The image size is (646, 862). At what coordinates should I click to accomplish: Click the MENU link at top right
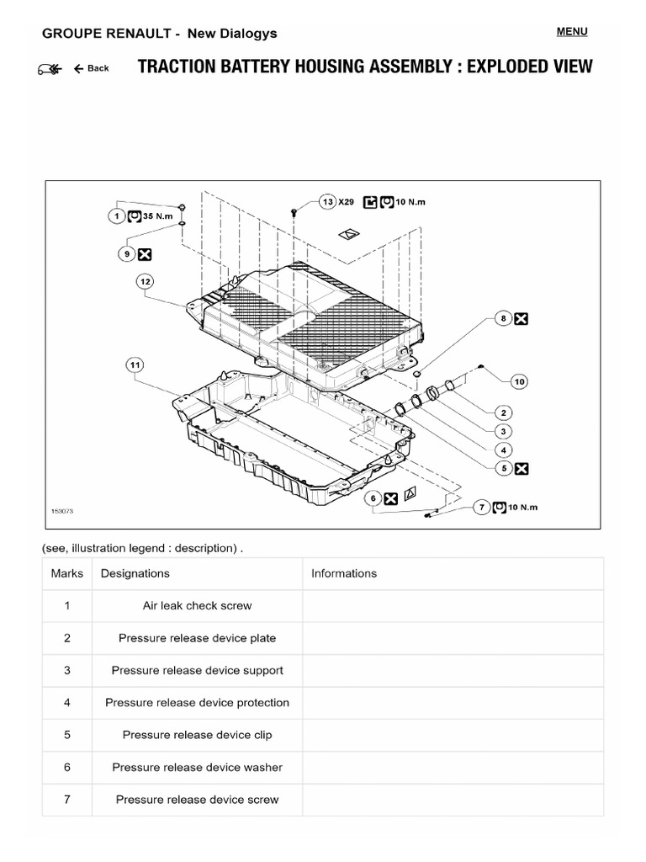coord(572,32)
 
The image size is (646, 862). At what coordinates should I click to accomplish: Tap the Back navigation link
coord(92,68)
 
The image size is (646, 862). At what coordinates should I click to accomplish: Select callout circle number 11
coord(135,364)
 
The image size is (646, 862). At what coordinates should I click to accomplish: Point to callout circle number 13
coord(327,202)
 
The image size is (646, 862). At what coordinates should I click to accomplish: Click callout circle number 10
coord(519,381)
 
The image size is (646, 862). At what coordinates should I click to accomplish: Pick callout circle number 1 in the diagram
coord(116,215)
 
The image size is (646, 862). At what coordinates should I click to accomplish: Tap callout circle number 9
coord(127,253)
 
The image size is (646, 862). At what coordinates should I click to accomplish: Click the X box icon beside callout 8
coord(522,318)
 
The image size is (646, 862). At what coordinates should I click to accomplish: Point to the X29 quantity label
coord(347,202)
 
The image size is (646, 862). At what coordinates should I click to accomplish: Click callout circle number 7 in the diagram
coord(482,507)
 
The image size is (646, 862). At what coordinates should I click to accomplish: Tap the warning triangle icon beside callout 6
coord(410,498)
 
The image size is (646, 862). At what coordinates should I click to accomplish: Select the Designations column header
coord(135,573)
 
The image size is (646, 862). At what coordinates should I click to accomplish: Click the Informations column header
coord(344,573)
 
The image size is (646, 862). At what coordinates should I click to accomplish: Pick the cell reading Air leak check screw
coord(197,605)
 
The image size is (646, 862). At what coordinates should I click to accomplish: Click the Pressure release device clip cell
coord(197,735)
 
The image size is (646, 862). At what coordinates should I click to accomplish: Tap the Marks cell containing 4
coord(66,702)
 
